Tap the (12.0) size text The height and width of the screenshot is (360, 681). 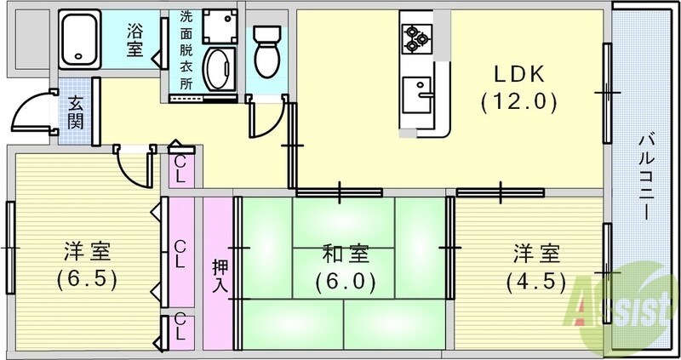click(518, 103)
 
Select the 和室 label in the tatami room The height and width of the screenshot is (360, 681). click(345, 253)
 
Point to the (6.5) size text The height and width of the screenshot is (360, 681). click(88, 278)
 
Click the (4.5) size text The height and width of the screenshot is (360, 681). click(535, 278)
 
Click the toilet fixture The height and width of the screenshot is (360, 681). click(266, 49)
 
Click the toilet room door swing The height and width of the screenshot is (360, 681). click(264, 119)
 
